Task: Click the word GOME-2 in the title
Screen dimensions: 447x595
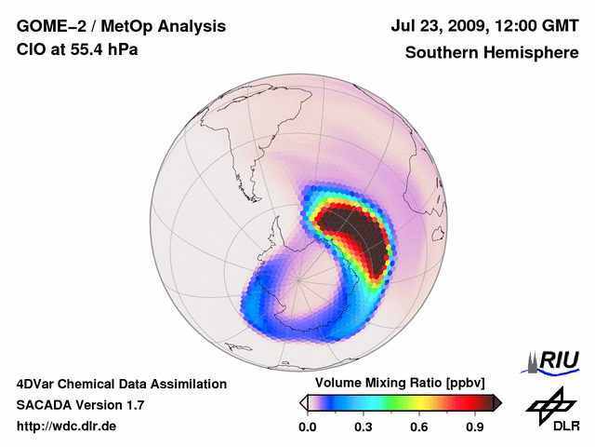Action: click(x=48, y=27)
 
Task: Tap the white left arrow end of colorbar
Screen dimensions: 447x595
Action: click(x=303, y=402)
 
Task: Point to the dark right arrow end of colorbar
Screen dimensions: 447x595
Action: click(x=497, y=402)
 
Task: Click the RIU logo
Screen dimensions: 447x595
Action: click(x=556, y=359)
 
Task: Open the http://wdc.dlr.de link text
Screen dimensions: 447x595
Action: click(x=66, y=427)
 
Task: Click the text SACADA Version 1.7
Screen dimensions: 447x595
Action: click(x=80, y=405)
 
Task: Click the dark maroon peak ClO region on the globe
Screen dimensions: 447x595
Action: click(x=358, y=233)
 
